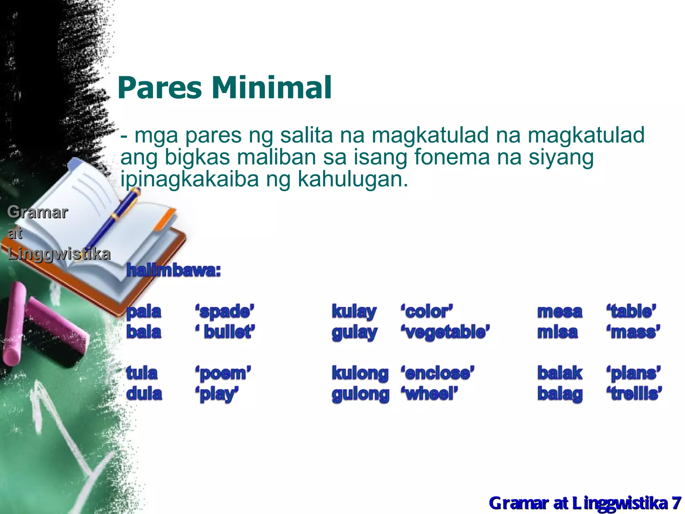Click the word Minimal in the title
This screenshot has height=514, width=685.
point(272,88)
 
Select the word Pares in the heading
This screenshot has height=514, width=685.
point(160,88)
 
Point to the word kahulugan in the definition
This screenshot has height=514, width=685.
point(353,179)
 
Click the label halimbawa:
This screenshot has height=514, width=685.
point(174,270)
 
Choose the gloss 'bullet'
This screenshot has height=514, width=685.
point(225,332)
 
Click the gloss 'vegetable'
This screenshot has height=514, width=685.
point(445,332)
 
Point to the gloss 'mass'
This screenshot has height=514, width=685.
point(633,332)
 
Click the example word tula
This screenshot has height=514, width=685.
point(142,373)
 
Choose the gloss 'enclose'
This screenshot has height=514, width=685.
point(437,373)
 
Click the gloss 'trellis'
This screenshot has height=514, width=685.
point(634,394)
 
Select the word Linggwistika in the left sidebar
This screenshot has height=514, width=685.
point(59,254)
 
